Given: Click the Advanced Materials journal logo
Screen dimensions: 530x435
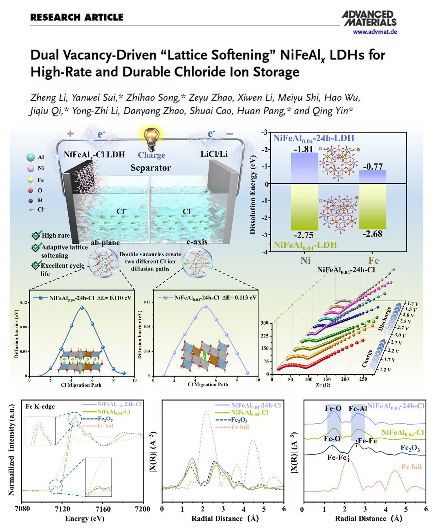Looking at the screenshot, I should (369, 18).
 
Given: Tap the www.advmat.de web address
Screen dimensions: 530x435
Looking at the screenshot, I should (375, 32).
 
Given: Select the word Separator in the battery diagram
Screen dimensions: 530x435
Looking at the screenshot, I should (151, 168).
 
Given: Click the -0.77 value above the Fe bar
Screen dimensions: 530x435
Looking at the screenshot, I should (372, 166).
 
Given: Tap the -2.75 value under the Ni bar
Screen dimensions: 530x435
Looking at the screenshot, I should (304, 235).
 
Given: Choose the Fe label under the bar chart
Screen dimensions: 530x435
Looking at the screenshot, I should (373, 261).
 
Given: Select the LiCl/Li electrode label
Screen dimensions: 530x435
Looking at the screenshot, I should (214, 154).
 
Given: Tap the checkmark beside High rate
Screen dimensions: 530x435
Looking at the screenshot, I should (36, 235).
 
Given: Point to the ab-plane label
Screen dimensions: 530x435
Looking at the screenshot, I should (105, 243).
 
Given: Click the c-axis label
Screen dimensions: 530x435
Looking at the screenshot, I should (197, 242).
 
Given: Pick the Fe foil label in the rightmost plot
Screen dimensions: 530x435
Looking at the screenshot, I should (411, 466).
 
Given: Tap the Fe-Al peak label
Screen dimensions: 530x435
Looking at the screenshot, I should (358, 409).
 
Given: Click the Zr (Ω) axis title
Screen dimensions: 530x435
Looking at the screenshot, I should (323, 385).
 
